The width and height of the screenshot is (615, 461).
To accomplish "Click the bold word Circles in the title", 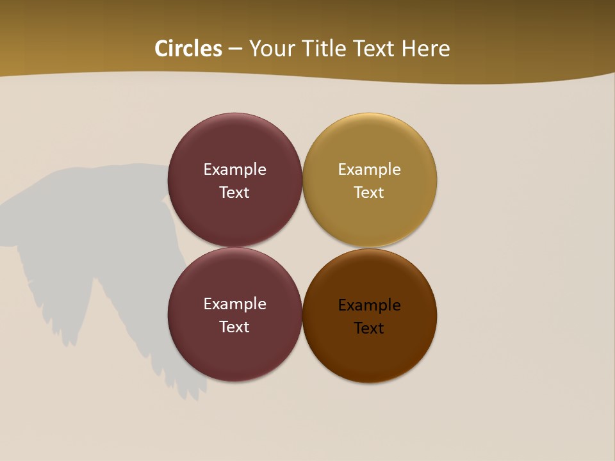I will [x=188, y=49].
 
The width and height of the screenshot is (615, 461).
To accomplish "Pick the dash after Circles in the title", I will [x=234, y=49].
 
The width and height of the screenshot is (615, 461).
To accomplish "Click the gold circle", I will [x=370, y=218].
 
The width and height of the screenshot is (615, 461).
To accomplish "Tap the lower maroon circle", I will [x=235, y=352].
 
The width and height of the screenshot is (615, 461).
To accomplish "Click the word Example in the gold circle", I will [x=369, y=170].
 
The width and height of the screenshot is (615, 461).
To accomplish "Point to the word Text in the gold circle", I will [x=369, y=193].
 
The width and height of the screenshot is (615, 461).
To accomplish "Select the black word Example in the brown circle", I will [x=369, y=305].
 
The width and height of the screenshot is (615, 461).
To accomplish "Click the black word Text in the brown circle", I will [x=369, y=328].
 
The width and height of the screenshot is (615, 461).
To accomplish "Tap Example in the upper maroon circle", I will [x=234, y=170].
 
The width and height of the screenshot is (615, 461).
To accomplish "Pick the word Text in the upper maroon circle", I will [x=234, y=193].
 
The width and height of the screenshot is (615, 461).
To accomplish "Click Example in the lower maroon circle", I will [x=234, y=304].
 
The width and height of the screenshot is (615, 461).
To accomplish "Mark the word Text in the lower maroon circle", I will [x=234, y=327].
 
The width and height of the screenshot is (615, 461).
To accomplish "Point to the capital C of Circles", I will [x=162, y=49].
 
